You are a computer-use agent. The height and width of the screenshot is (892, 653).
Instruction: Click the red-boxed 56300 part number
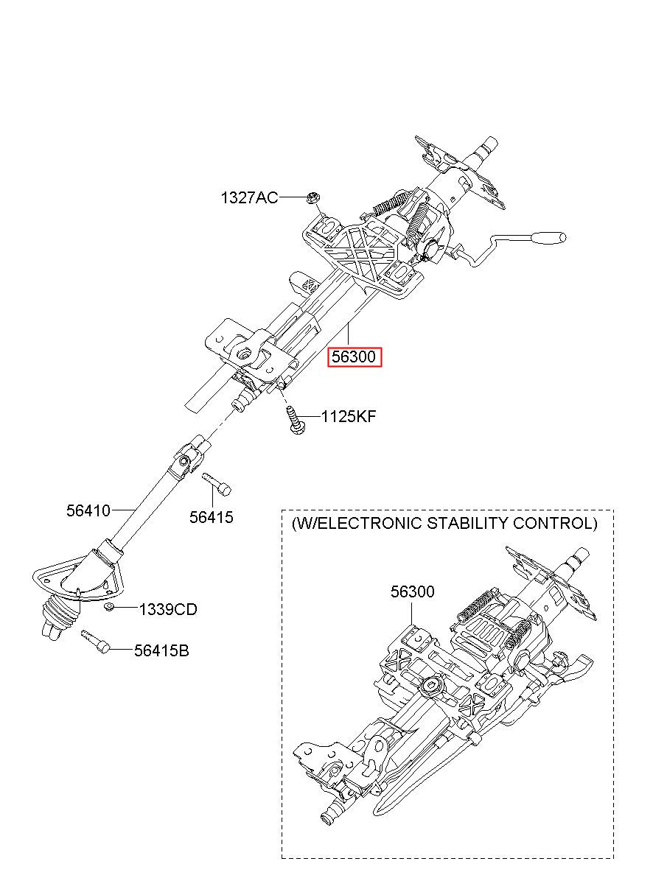click(355, 357)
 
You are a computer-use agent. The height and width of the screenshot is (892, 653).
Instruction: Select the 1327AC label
click(249, 197)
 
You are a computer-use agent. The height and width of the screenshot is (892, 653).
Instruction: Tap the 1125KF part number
click(348, 417)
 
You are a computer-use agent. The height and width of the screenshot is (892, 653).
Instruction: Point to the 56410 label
click(88, 510)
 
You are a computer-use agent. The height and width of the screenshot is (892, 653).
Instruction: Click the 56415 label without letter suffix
click(211, 517)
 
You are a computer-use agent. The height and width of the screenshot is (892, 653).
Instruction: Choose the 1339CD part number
click(167, 609)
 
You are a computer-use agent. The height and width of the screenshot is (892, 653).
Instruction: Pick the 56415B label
click(161, 650)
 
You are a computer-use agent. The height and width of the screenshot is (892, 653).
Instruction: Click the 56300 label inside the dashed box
click(412, 591)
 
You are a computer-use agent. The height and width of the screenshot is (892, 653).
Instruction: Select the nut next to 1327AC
click(313, 197)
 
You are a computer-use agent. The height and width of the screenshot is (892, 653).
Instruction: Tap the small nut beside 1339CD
click(108, 606)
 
